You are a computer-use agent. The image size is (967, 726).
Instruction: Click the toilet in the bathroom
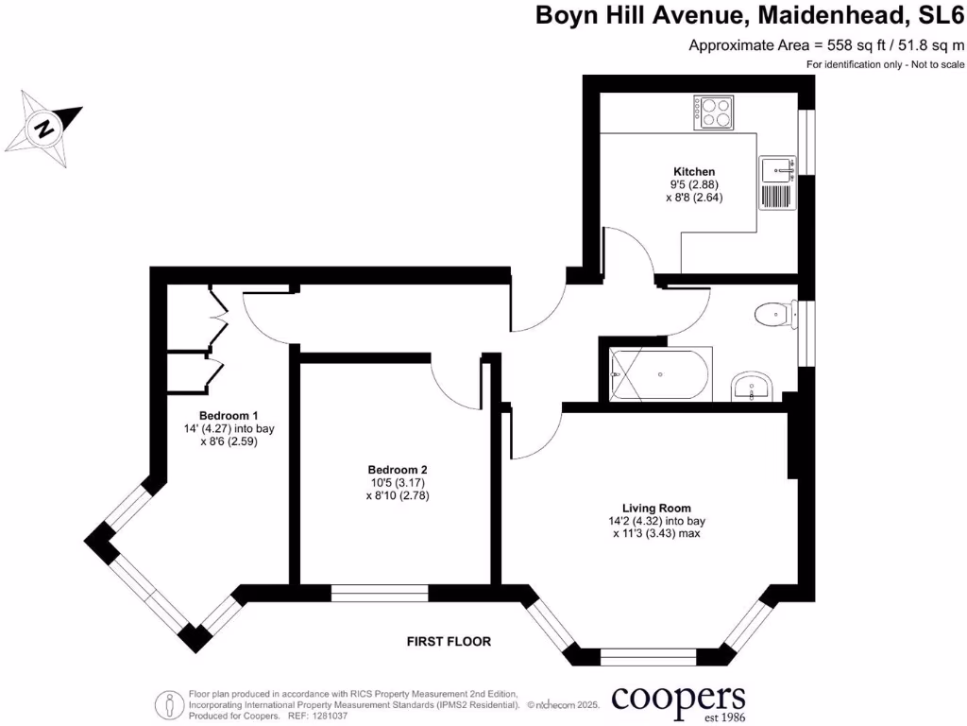774,313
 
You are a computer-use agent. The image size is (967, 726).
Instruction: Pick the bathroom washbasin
753,387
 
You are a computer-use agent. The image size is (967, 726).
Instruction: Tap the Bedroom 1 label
229,416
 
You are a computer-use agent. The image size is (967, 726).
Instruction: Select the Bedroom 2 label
398,470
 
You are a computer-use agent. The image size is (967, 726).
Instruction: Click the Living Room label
658,507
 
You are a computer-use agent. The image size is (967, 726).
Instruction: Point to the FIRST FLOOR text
449,642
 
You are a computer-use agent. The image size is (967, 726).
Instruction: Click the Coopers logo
678,700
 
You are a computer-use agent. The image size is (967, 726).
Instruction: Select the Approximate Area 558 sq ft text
827,44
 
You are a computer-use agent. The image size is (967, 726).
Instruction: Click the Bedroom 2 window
380,593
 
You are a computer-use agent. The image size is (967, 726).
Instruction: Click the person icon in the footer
169,703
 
